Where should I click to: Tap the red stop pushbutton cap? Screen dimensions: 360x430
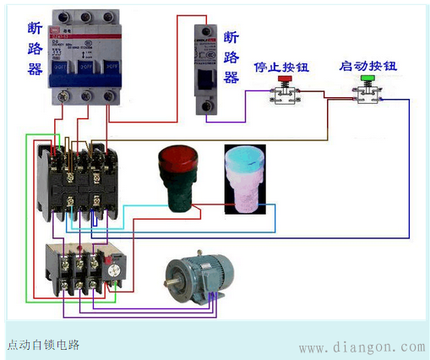(x=284, y=79)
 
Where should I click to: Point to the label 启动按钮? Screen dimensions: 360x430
(x=368, y=64)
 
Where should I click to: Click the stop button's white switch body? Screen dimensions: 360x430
(x=284, y=96)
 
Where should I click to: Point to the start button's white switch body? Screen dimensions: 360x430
(x=367, y=96)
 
